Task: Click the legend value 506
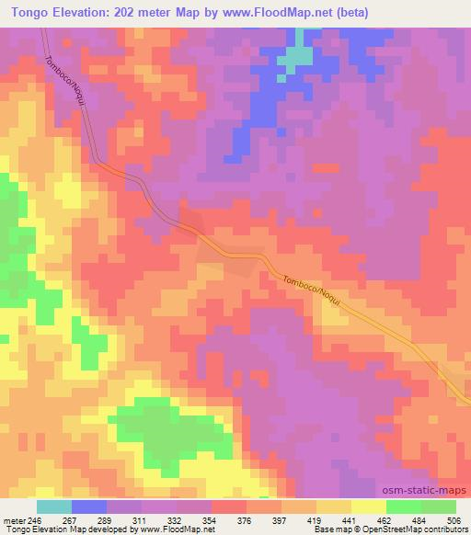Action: [x=454, y=519]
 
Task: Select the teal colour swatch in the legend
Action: [x=53, y=507]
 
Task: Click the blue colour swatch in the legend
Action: [x=89, y=507]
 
